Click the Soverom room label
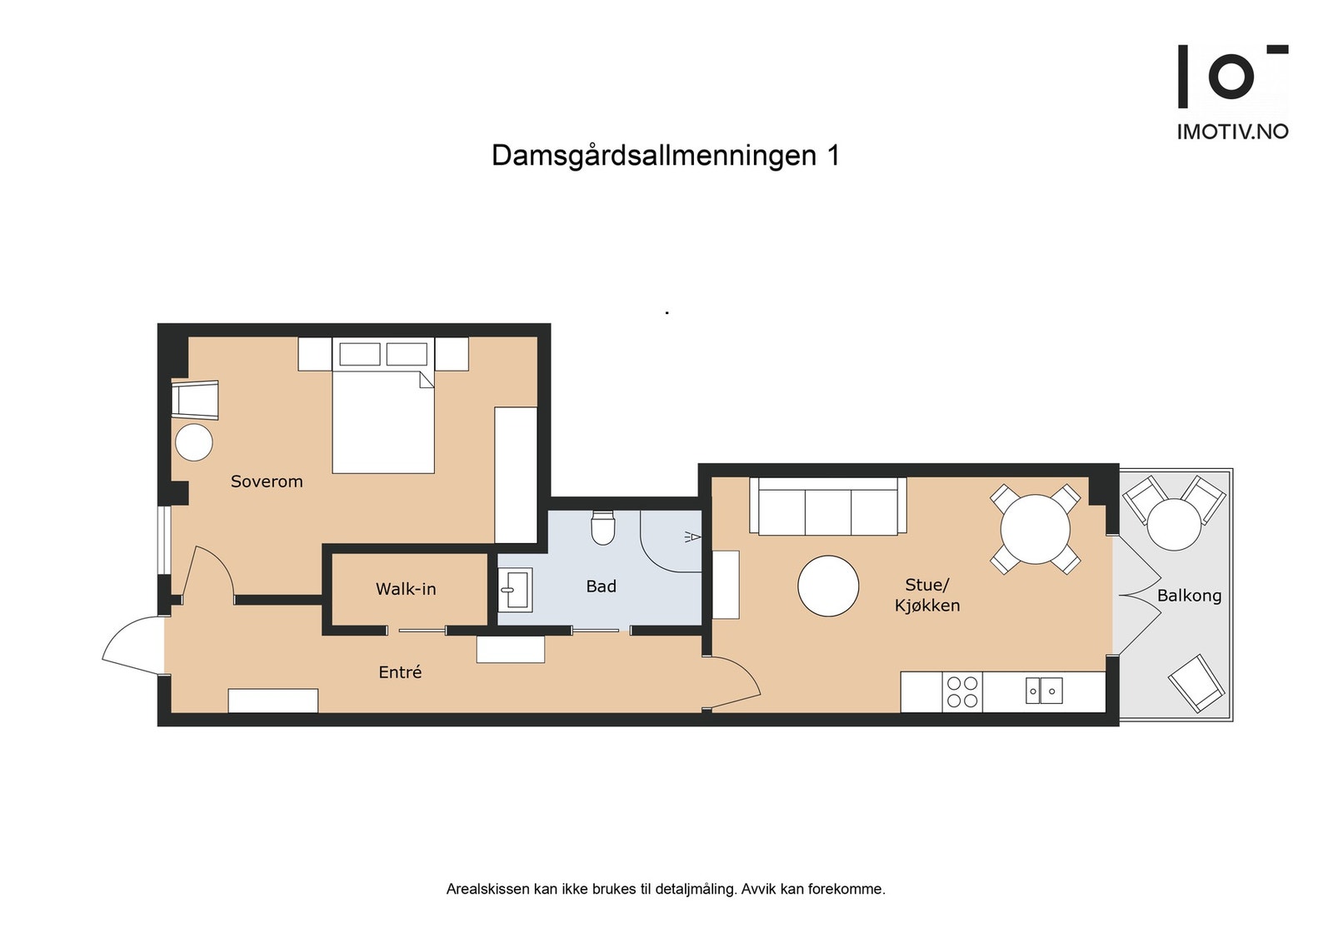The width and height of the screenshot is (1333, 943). click(x=267, y=481)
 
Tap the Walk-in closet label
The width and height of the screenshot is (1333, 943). click(x=406, y=589)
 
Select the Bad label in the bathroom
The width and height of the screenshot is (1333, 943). click(x=601, y=586)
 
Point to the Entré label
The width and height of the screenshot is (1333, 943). click(x=400, y=672)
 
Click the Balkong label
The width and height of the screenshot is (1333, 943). click(x=1189, y=596)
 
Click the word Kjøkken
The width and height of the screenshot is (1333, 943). click(x=927, y=606)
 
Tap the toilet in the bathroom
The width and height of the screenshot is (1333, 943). click(x=602, y=527)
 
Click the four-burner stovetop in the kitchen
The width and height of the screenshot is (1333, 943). click(x=962, y=692)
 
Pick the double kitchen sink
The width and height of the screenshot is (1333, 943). click(x=1043, y=691)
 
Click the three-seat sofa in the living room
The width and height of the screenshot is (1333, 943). click(x=827, y=506)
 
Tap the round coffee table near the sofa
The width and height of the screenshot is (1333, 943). click(x=828, y=586)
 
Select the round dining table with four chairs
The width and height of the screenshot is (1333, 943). click(x=1035, y=530)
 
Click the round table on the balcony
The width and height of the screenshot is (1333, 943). click(x=1174, y=524)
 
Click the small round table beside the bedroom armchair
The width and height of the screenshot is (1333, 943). click(x=194, y=442)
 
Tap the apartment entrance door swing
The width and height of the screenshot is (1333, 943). click(x=133, y=646)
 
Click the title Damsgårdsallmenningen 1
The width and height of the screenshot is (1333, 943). click(x=665, y=156)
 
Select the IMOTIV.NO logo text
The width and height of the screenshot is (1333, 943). click(x=1232, y=132)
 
